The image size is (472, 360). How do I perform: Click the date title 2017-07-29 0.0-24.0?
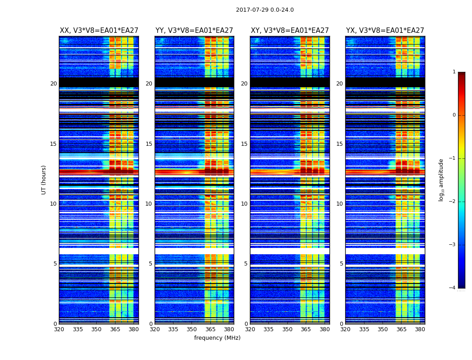point(265,10)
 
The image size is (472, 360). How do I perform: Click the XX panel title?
point(99,31)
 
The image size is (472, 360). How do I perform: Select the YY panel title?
point(194,31)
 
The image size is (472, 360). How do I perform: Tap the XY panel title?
point(290,31)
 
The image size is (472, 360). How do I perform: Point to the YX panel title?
point(385,31)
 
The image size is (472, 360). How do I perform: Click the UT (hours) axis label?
point(44,180)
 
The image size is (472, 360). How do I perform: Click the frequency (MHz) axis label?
point(217,338)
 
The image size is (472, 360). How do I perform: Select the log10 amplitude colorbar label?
point(441,180)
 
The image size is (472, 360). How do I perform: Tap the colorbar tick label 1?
point(454,72)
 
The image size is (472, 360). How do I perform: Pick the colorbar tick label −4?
point(453,288)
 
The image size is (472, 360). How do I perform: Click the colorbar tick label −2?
point(453,202)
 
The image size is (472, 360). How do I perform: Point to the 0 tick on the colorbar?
point(454,115)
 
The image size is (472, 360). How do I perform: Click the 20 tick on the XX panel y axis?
point(53,84)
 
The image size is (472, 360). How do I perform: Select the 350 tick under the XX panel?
point(96,329)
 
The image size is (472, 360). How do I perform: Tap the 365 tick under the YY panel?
point(210,329)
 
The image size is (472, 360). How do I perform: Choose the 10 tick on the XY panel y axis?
point(244,204)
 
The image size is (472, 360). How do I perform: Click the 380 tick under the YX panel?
point(420,329)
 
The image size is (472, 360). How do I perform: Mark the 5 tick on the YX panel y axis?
point(342,264)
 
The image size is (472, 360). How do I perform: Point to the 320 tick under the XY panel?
point(250,329)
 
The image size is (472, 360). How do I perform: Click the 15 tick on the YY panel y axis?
point(149,144)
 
